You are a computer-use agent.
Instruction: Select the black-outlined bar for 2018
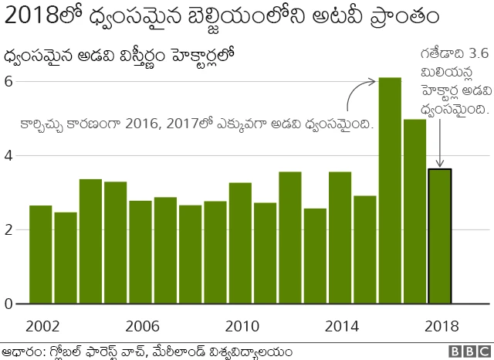click(440, 236)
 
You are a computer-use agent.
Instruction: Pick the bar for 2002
click(40, 254)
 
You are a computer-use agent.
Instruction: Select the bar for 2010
click(240, 243)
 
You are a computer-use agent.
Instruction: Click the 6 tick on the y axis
click(8, 82)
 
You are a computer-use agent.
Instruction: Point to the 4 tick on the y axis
click(8, 156)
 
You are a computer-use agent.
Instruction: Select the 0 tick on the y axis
click(8, 304)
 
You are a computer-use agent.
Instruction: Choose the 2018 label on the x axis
click(440, 325)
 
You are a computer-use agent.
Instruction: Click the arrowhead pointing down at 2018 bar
click(440, 164)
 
